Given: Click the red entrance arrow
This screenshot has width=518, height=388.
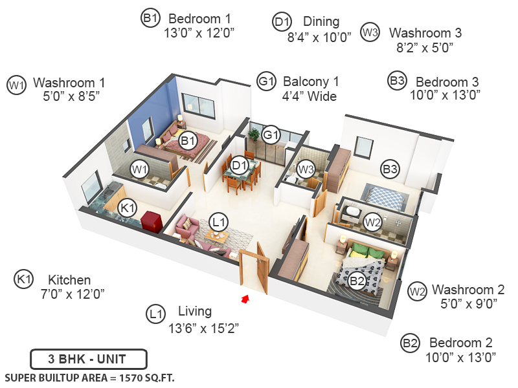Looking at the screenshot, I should click(245, 298).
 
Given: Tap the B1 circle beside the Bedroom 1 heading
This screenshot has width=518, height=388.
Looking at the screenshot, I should click(150, 19).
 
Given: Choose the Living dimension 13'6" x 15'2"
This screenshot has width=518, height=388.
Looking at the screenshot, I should click(204, 328).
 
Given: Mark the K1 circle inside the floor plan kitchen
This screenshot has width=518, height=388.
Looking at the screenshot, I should click(128, 208).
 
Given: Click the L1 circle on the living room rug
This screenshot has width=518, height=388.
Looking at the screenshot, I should click(220, 222).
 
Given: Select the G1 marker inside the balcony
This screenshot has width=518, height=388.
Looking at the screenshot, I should click(271, 135).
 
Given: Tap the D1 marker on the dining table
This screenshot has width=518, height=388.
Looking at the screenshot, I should click(240, 166).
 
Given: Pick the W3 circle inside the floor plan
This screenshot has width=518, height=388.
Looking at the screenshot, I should click(306, 169).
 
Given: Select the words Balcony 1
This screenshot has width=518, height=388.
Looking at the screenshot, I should click(311, 82).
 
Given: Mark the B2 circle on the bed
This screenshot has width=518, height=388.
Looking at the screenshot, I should click(357, 281).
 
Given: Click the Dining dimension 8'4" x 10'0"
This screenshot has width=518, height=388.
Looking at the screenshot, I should click(319, 37).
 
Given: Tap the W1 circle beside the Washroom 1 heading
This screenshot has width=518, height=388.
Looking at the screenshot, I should click(16, 84).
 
